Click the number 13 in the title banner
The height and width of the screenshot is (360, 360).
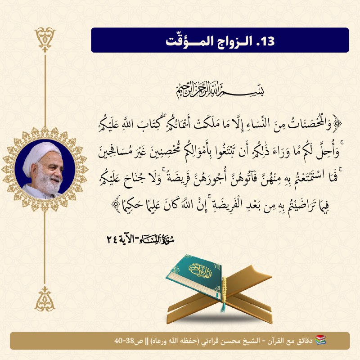coord(268,41)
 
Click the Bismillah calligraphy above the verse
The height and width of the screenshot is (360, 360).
coord(220,90)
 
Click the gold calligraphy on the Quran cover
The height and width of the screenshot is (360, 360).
coord(200,271)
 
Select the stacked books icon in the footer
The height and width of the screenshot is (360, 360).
coord(320,340)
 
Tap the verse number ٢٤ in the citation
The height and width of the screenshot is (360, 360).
coord(112,240)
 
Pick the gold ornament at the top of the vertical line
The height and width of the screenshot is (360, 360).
coord(45,40)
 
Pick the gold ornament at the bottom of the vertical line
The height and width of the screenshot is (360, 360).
coord(45,299)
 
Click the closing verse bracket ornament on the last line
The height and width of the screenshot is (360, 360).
coord(116,204)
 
